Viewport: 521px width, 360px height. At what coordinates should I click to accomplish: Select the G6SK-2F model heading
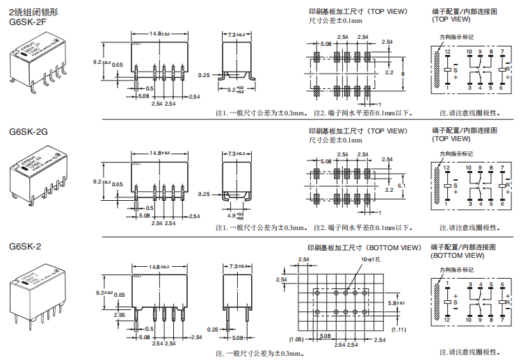pyautogui.click(x=28, y=22)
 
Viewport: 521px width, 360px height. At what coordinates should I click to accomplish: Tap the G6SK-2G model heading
pyautogui.click(x=28, y=131)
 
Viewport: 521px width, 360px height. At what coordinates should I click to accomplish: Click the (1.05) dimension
pyautogui.click(x=296, y=338)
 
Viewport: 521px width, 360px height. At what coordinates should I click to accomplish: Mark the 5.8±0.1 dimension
pyautogui.click(x=396, y=303)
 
